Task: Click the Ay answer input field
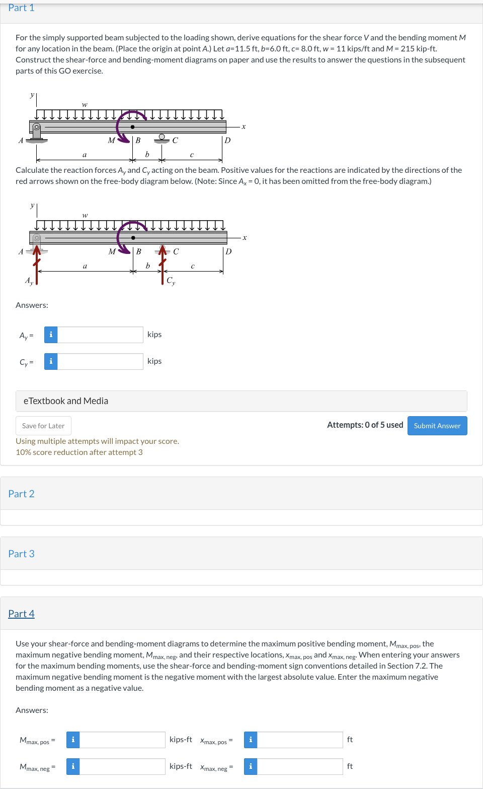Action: [100, 335]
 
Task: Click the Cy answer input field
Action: [100, 361]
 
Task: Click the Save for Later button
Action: [43, 426]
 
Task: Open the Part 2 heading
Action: [21, 494]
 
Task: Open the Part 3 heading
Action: [21, 554]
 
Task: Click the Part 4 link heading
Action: [21, 614]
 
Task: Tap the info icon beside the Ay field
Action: [51, 335]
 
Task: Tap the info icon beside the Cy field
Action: [51, 361]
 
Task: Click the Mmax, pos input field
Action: [122, 740]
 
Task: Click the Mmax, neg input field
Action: [122, 766]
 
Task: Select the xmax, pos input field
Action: [300, 740]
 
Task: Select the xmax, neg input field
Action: [300, 766]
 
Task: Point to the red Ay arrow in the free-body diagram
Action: [37, 265]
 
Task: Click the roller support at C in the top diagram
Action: [162, 138]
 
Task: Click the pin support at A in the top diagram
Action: [36, 133]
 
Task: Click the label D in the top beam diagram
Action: [227, 141]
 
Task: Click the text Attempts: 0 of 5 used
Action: [365, 425]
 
